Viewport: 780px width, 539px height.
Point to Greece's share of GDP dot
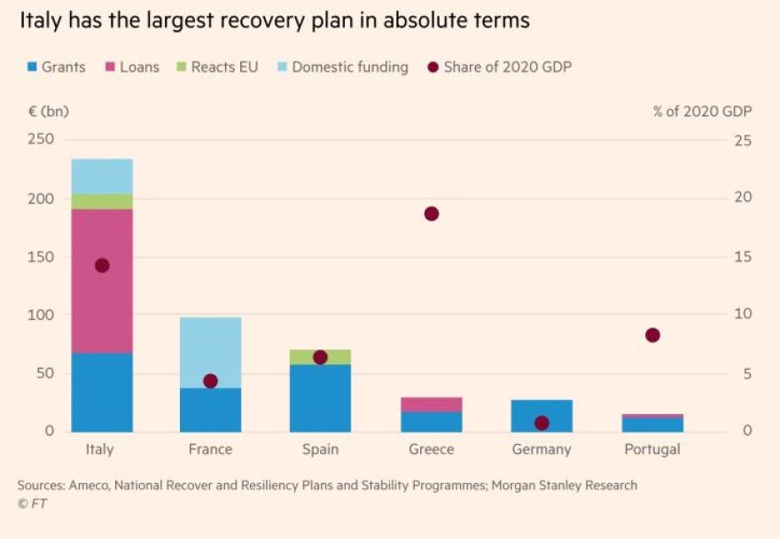tap(432, 214)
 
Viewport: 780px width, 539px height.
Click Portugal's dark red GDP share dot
tap(652, 335)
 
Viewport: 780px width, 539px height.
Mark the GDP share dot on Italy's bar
tap(102, 265)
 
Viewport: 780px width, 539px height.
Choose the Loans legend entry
tap(133, 66)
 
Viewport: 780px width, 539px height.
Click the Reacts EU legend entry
tap(218, 66)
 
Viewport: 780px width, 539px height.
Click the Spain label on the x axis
tap(320, 449)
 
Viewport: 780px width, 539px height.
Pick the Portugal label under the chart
tap(652, 449)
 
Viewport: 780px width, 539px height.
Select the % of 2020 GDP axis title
tap(702, 112)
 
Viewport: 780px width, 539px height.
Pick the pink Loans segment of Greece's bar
tap(432, 404)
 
